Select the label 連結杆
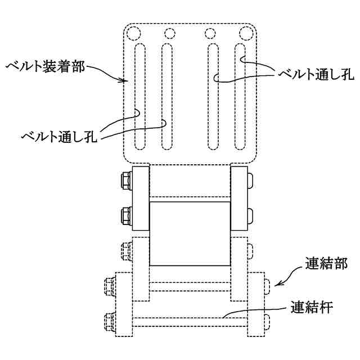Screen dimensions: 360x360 point(312,308)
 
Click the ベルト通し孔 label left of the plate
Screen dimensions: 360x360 point(59,136)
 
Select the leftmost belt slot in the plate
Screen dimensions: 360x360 point(139,96)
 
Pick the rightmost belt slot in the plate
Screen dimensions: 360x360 point(240,96)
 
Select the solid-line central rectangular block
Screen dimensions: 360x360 point(190,233)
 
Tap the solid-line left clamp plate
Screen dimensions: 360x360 point(140,198)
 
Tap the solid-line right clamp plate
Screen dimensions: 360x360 point(240,198)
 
